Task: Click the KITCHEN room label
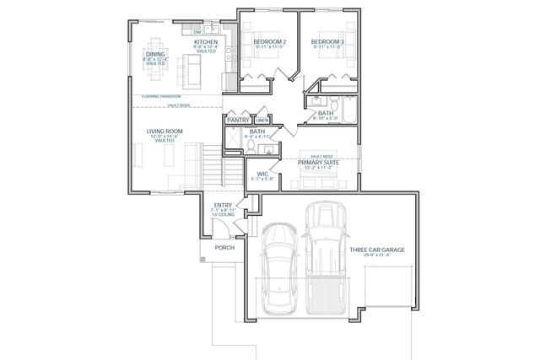[x=207, y=41]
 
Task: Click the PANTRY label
[x=237, y=121]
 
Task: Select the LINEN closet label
[x=262, y=121]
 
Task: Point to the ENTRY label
[x=223, y=205]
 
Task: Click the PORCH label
[x=224, y=248]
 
